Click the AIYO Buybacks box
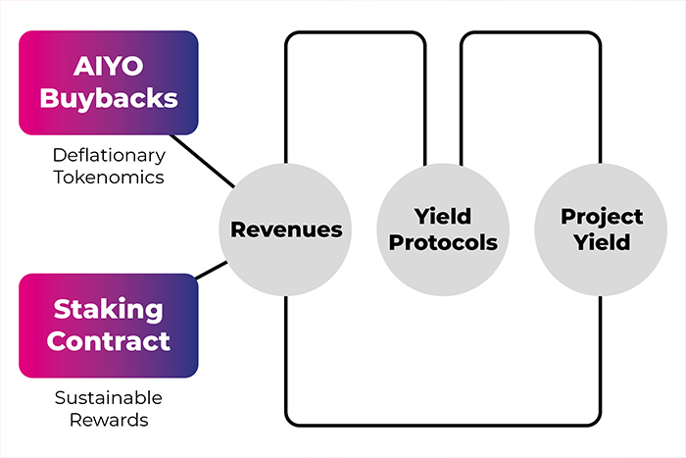[108, 82]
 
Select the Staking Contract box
[108, 326]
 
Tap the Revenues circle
[286, 229]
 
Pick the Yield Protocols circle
[443, 229]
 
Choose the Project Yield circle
[602, 229]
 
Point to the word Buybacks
[109, 98]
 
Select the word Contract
[109, 341]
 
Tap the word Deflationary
[109, 155]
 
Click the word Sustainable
[109, 398]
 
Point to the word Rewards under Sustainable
[109, 420]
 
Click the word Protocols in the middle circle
[443, 242]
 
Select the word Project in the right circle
[602, 217]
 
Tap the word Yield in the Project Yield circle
[602, 242]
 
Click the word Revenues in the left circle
[286, 229]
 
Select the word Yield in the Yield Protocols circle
[443, 217]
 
